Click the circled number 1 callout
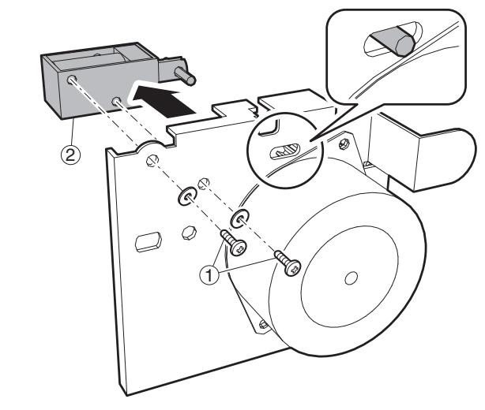point(208,275)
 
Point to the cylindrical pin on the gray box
point(188,76)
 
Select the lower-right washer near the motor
point(240,217)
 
